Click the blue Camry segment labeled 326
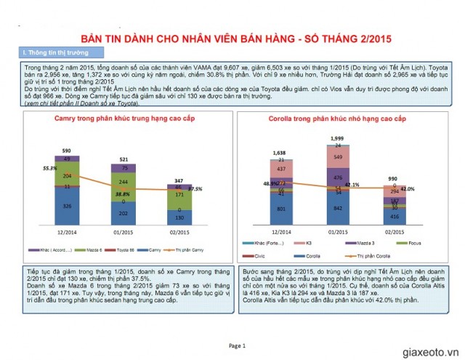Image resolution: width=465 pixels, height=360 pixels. pyautogui.click(x=68, y=207)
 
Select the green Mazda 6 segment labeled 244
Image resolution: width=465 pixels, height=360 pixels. pyautogui.click(x=123, y=182)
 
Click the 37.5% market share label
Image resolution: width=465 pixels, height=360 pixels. pyautogui.click(x=195, y=188)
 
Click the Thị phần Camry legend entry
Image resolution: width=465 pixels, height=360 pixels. pyautogui.click(x=191, y=249)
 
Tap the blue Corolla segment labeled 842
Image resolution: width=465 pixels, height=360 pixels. pyautogui.click(x=336, y=207)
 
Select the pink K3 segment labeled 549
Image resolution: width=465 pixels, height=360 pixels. pyautogui.click(x=336, y=156)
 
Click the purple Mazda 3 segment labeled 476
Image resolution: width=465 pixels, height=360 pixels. pyautogui.click(x=336, y=177)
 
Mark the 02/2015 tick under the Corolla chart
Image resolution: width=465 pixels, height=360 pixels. pyautogui.click(x=393, y=233)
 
